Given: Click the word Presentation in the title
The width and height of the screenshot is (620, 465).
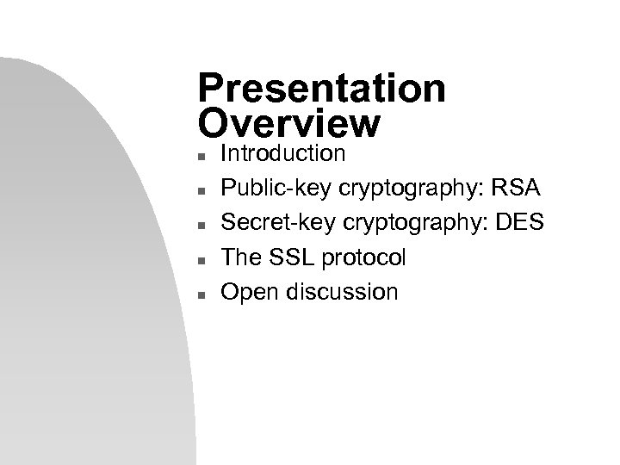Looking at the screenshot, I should (x=320, y=89).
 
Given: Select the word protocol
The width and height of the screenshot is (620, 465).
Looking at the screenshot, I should (x=360, y=257).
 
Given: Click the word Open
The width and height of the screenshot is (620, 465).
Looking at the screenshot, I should (x=246, y=292).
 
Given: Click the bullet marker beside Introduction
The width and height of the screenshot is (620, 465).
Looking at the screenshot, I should (x=201, y=158).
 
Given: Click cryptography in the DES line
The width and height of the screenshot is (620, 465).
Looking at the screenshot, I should (x=399, y=223).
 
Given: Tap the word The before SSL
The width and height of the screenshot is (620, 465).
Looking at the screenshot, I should (x=241, y=257).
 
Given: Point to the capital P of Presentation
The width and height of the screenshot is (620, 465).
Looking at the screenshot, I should (x=211, y=89).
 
